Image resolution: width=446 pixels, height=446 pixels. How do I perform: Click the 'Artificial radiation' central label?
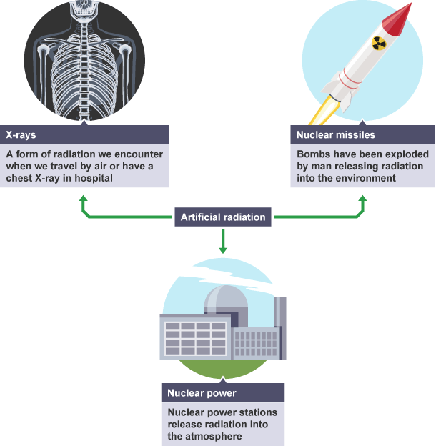point(223,217)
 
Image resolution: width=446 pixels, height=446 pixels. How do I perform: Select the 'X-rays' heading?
point(21,134)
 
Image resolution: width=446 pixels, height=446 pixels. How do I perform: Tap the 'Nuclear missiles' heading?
point(335,134)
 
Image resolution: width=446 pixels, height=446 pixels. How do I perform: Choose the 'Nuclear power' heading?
point(202,392)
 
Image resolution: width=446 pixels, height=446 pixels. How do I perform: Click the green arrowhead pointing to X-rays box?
point(85,203)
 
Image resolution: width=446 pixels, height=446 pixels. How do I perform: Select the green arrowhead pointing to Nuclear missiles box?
point(362,203)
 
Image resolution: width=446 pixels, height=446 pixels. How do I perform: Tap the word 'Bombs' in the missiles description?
point(312,154)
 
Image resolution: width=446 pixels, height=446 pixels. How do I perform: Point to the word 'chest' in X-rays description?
point(20,177)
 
